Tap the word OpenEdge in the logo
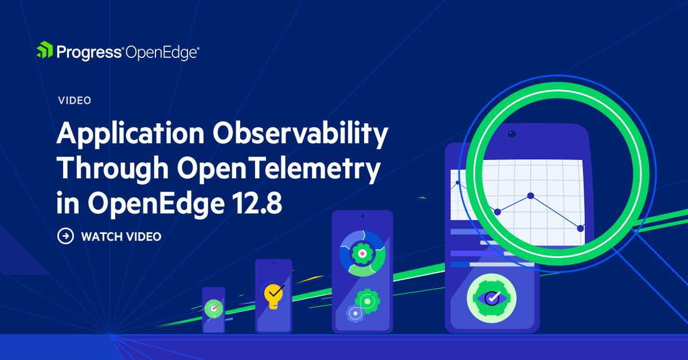tap(161, 53)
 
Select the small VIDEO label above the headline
tap(75, 100)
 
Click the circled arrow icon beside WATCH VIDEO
tap(66, 236)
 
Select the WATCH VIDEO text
tap(121, 236)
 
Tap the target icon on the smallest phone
tap(213, 308)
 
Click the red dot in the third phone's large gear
tap(361, 252)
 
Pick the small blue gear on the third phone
tap(354, 313)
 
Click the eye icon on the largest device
tap(491, 297)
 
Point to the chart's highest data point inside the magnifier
tap(531, 196)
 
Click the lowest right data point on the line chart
tap(580, 228)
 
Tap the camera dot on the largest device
tap(511, 134)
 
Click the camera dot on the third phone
tap(362, 216)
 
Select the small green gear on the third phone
tap(367, 300)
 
